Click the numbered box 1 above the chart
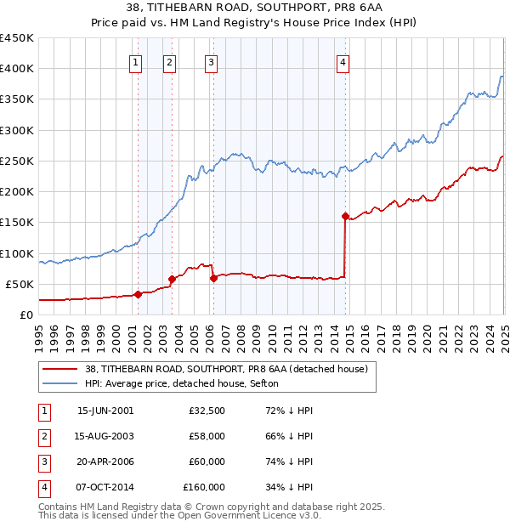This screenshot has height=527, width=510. click(x=136, y=61)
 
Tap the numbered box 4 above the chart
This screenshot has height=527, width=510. click(x=343, y=61)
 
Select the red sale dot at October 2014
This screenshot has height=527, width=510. click(x=345, y=216)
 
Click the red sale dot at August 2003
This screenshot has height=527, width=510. click(x=172, y=279)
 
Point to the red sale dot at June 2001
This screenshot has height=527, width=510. click(x=138, y=294)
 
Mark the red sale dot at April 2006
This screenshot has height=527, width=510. click(x=213, y=277)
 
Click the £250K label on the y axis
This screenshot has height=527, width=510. click(x=17, y=161)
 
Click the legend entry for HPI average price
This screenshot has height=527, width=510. click(x=187, y=384)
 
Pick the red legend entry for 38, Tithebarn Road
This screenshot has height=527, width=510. click(x=226, y=369)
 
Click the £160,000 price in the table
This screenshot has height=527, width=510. click(x=204, y=488)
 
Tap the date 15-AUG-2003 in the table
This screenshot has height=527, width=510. click(x=105, y=436)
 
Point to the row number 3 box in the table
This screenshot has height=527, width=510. click(x=42, y=462)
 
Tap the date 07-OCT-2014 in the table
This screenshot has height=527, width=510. click(x=105, y=488)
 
